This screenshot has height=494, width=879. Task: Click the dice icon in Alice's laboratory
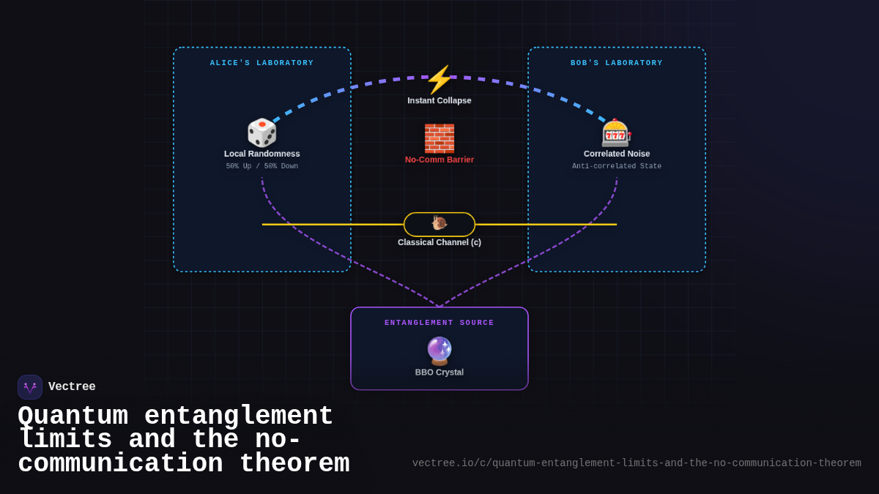pyautogui.click(x=262, y=133)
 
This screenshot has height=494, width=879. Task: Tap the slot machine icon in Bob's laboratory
pyautogui.click(x=616, y=133)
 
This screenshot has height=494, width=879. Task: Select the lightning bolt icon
pyautogui.click(x=439, y=80)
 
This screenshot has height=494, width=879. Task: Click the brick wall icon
pyautogui.click(x=439, y=138)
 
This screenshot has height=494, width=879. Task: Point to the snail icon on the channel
pyautogui.click(x=439, y=223)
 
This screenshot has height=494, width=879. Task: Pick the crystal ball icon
pyautogui.click(x=439, y=351)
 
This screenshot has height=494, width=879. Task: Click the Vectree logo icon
pyautogui.click(x=30, y=387)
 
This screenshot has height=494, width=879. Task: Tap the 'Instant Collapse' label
pyautogui.click(x=439, y=100)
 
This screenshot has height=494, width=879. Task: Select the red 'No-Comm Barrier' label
pyautogui.click(x=439, y=160)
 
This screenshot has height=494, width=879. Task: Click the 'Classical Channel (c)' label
pyautogui.click(x=439, y=242)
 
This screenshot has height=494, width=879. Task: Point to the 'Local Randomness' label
pyautogui.click(x=262, y=154)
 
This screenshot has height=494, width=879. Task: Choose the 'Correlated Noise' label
pyautogui.click(x=617, y=154)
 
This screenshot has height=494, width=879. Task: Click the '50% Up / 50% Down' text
pyautogui.click(x=262, y=166)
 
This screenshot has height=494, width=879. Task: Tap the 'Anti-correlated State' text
pyautogui.click(x=617, y=166)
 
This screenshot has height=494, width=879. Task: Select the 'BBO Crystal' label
pyautogui.click(x=439, y=373)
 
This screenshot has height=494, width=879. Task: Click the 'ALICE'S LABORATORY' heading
pyautogui.click(x=262, y=63)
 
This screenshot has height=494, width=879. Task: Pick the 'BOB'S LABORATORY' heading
pyautogui.click(x=617, y=63)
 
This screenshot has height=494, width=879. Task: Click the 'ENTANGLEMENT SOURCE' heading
pyautogui.click(x=439, y=323)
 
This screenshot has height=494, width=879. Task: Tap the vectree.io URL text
pyautogui.click(x=637, y=463)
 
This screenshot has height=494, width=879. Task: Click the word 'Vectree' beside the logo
pyautogui.click(x=72, y=387)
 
